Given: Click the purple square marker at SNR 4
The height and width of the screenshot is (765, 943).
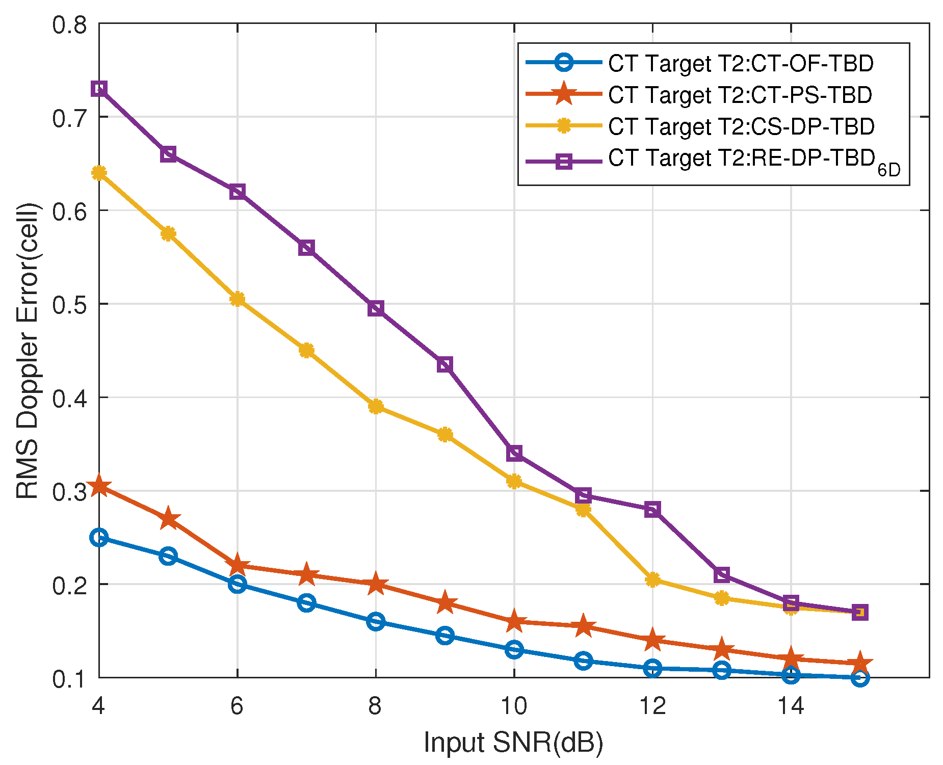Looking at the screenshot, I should [99, 89].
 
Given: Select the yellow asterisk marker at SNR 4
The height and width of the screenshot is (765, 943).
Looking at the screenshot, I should [99, 173].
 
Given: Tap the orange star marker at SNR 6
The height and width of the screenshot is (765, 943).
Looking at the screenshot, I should [237, 565].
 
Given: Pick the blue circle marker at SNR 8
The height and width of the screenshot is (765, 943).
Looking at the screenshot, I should [376, 621].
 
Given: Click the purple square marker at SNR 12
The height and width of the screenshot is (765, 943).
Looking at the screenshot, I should [652, 509].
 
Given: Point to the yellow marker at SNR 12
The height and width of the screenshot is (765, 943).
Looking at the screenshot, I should [652, 579].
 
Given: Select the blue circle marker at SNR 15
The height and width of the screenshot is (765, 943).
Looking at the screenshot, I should [860, 678].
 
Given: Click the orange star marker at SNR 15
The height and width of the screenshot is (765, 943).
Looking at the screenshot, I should [860, 663].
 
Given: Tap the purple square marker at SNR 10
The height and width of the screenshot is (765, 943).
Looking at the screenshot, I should [514, 453].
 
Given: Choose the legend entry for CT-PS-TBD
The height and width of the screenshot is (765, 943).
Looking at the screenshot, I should [740, 95].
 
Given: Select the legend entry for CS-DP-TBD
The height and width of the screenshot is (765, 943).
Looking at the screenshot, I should [741, 126].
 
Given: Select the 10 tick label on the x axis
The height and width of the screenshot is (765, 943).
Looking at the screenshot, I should [514, 706].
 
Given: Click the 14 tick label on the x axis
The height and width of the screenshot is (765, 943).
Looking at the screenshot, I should [791, 706].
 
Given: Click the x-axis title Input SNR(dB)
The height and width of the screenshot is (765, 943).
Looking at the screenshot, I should [513, 742].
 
